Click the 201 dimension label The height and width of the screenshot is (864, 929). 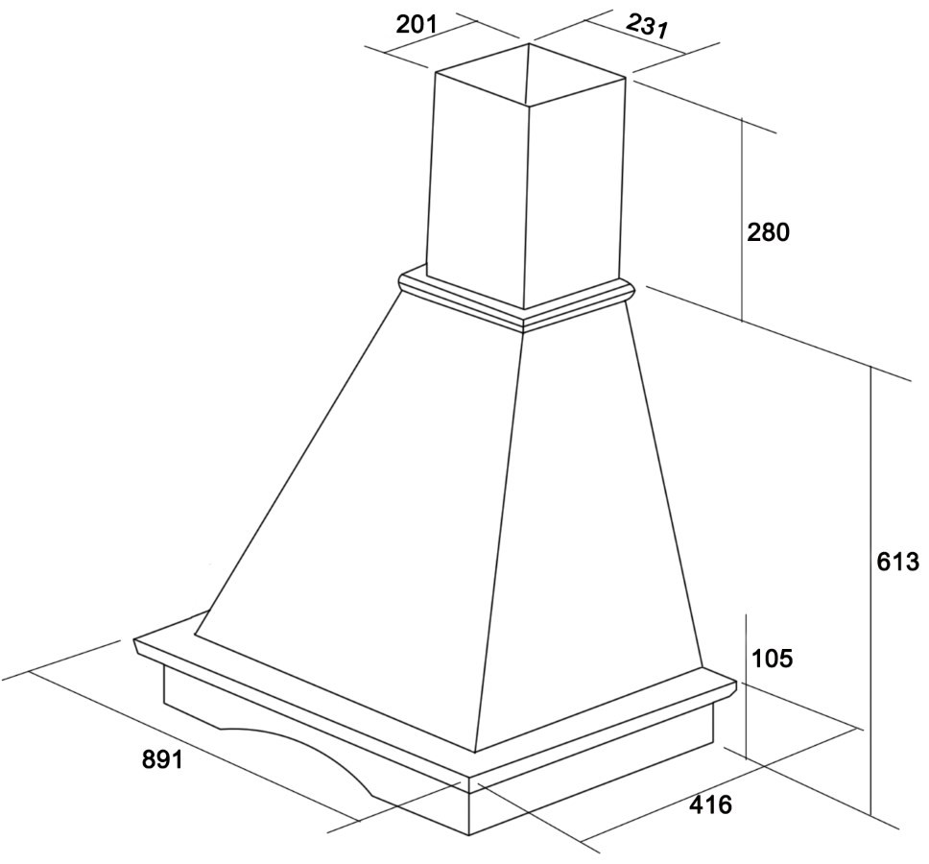point(416,26)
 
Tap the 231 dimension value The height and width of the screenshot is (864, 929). point(648,26)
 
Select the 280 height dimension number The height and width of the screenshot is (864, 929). point(768,232)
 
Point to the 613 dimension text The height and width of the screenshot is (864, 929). point(897,562)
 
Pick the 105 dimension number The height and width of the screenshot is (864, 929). point(772,658)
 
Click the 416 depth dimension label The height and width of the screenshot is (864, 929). point(710,804)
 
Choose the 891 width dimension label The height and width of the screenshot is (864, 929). point(163,758)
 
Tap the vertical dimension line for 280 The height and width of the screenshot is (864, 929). point(743,219)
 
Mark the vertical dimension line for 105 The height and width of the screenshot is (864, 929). point(746,686)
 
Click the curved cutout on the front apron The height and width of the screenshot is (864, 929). point(297,746)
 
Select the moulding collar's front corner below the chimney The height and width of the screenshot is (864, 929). point(523,322)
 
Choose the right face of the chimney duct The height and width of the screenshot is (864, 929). point(574,190)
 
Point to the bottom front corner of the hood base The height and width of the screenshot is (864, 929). point(469,835)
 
